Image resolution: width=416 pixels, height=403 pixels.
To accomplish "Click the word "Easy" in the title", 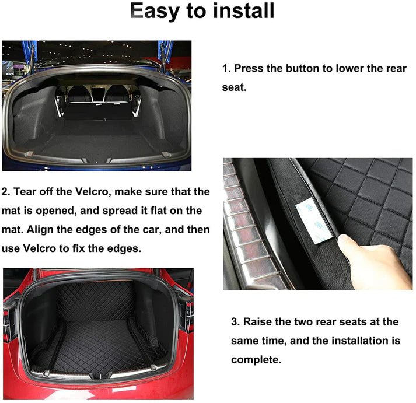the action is point(155,12).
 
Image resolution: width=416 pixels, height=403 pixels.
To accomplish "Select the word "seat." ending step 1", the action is point(235,87).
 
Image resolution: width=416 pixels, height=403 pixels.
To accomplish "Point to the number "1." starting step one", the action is point(226,68).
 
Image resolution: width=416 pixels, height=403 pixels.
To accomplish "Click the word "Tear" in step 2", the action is point(25,191).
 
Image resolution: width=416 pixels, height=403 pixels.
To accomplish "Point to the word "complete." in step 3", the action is point(256,360).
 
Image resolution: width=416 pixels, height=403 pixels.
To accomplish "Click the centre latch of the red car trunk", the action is point(99,376).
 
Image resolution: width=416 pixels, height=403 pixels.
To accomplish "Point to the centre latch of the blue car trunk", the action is point(96,160).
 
